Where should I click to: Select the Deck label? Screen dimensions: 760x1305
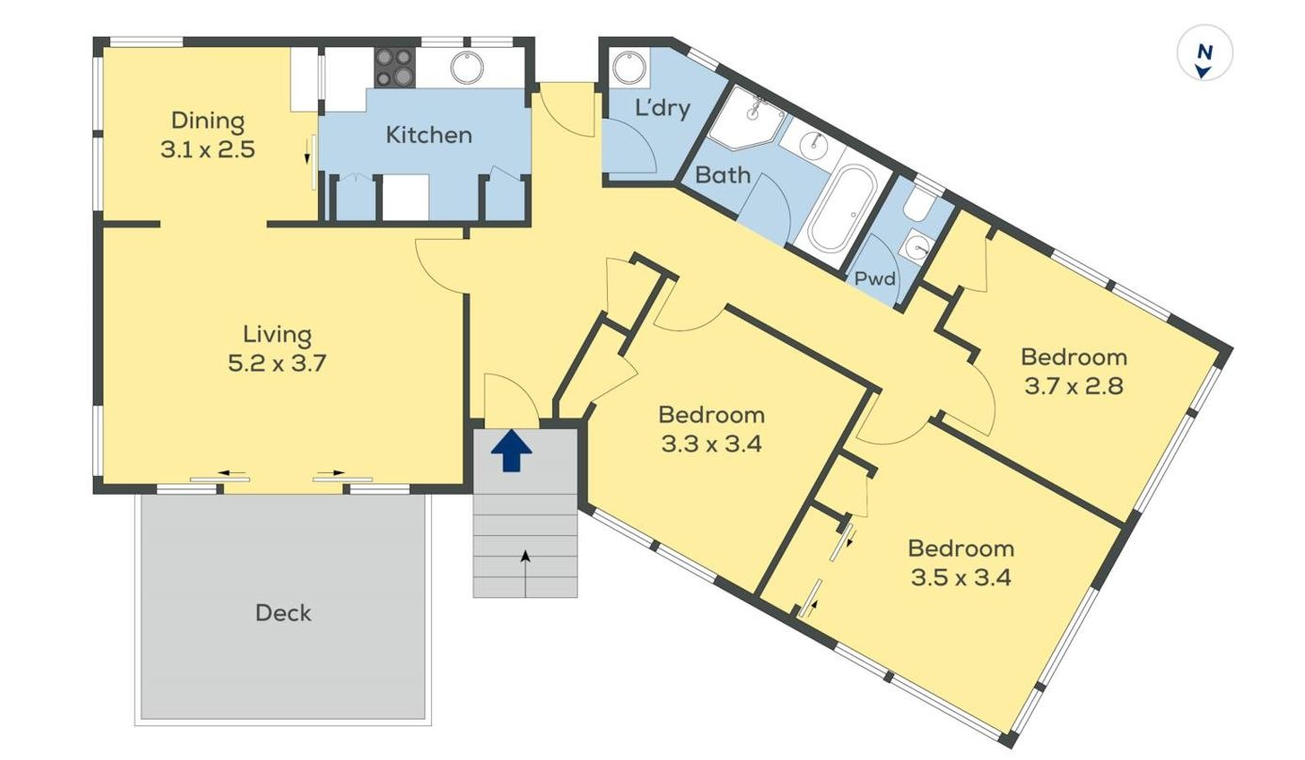click(x=283, y=613)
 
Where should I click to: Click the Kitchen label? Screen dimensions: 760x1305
click(x=428, y=135)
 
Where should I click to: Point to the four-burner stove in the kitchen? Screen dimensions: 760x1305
click(x=395, y=68)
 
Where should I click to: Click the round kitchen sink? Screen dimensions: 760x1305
click(x=466, y=68)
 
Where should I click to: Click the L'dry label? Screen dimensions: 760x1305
click(x=662, y=108)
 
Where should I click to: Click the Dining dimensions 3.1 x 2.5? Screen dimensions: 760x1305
click(x=208, y=150)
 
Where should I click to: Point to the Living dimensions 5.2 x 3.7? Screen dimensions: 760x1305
click(x=277, y=363)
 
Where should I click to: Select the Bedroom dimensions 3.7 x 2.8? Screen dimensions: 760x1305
click(x=1074, y=386)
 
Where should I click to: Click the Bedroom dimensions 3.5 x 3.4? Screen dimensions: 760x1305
click(x=961, y=577)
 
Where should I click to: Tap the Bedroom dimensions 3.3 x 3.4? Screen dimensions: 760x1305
click(x=710, y=443)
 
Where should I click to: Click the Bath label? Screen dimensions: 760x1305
click(x=723, y=175)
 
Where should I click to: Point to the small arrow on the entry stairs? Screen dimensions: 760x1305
click(x=525, y=558)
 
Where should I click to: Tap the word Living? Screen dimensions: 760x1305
click(x=277, y=334)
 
